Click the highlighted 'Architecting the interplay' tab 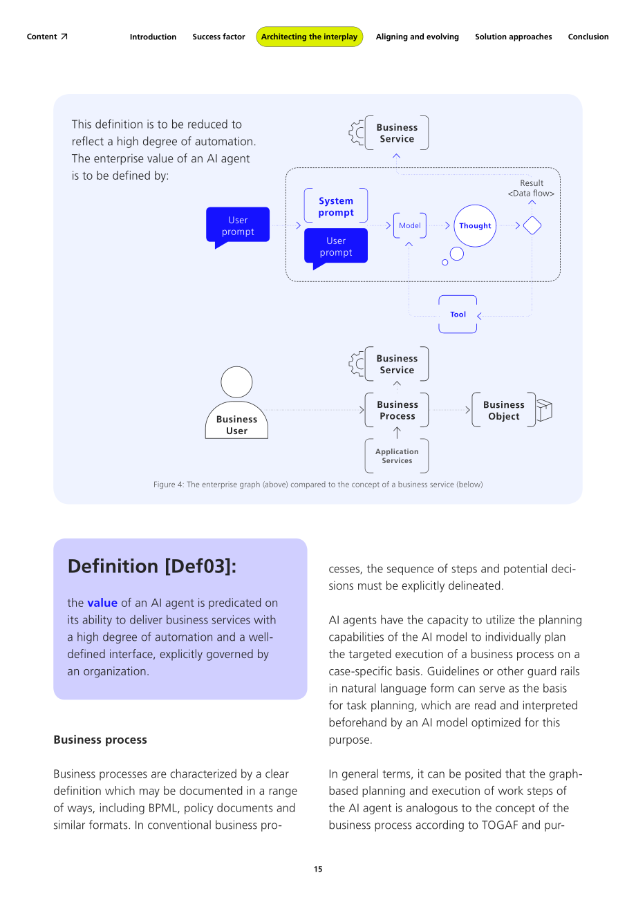(x=310, y=37)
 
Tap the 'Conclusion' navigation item (x=588, y=37)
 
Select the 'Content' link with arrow (x=47, y=37)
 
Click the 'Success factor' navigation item (x=218, y=37)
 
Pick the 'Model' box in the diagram (x=409, y=225)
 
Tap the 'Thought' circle (x=475, y=226)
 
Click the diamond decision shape (x=532, y=225)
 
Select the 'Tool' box (x=458, y=315)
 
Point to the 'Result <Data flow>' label (x=531, y=188)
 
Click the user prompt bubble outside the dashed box (x=238, y=227)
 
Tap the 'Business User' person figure (x=236, y=402)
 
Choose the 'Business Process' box (x=397, y=410)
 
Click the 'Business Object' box (x=503, y=410)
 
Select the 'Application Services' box (x=397, y=456)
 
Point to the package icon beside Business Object (x=544, y=410)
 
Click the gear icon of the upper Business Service (x=357, y=133)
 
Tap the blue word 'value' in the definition (x=102, y=603)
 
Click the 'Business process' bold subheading (x=100, y=740)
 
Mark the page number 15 (x=318, y=869)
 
